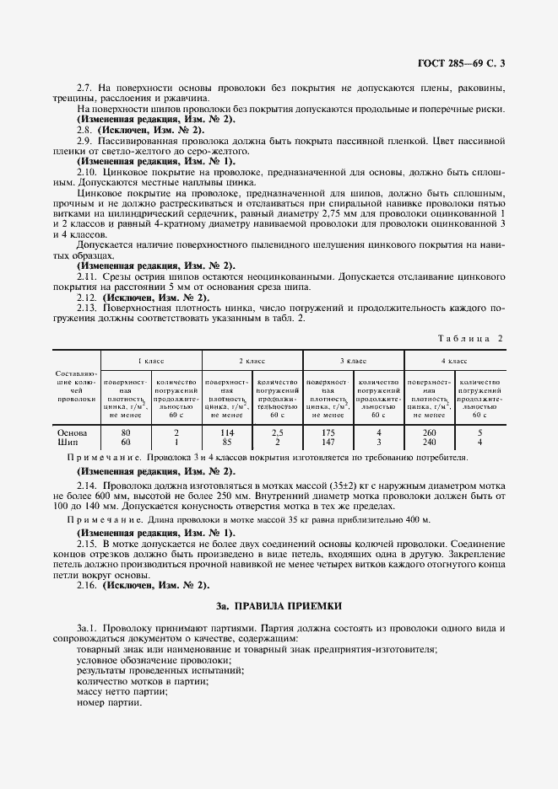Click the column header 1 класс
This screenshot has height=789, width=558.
click(151, 360)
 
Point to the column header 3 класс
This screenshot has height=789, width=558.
click(354, 360)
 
